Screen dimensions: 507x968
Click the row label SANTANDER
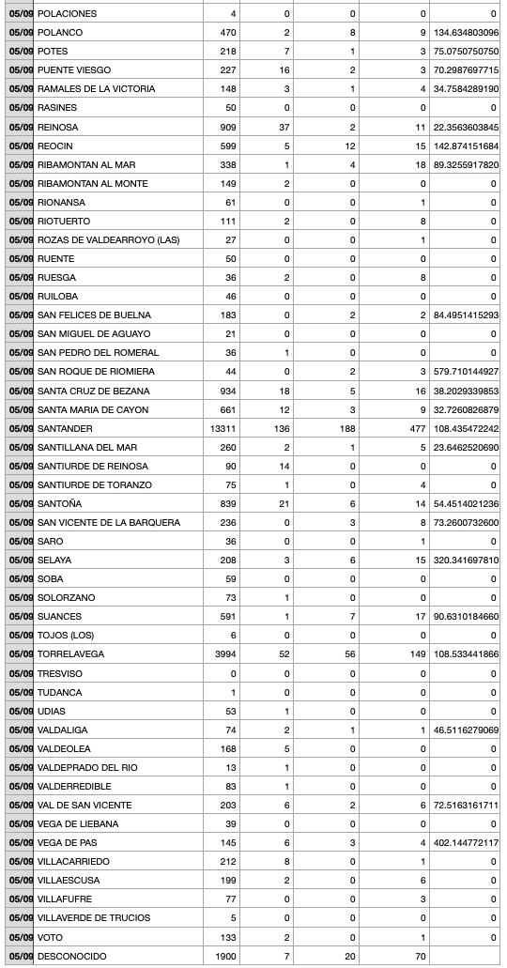coord(65,428)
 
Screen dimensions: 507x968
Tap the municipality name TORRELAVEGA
coord(70,654)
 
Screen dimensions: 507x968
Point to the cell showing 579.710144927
coord(466,372)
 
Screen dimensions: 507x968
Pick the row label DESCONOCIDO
coord(71,956)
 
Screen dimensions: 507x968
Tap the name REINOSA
coord(58,127)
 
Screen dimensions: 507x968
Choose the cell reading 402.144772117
coord(466,843)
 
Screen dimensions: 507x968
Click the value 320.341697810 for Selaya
coord(466,561)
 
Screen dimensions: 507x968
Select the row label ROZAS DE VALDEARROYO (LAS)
coord(108,239)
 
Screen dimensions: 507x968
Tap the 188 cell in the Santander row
coord(347,428)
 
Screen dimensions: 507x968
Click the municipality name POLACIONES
coord(67,14)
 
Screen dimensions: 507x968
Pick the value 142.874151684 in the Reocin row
coord(466,146)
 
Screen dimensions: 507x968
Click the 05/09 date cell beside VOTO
coord(21,937)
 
